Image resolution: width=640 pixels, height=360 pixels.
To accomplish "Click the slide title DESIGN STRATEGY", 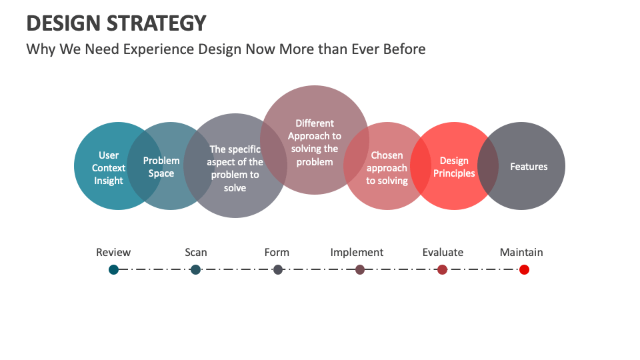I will (x=116, y=23).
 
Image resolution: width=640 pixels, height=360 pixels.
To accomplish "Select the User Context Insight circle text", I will (x=108, y=168).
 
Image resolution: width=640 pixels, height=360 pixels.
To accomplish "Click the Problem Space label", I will (x=161, y=167).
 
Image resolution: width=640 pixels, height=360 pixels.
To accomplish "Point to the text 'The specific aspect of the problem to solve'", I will (x=235, y=169).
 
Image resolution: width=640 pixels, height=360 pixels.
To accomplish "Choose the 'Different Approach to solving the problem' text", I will (x=315, y=142).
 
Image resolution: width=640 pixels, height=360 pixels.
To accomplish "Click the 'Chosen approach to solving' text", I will (x=387, y=168).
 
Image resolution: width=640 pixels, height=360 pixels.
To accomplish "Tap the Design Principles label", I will (x=454, y=167).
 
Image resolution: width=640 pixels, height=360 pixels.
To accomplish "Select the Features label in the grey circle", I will (x=529, y=167).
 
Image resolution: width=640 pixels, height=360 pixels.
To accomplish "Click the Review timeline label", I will (x=113, y=252).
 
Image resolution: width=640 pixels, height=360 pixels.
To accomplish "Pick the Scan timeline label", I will (x=196, y=252).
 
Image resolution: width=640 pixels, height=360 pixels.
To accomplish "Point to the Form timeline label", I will (x=277, y=252).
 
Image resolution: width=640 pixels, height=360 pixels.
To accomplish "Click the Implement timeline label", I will (x=357, y=252).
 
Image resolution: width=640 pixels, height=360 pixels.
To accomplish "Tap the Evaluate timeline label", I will (x=443, y=252).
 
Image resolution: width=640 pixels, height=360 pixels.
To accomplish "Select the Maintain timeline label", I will (x=521, y=252).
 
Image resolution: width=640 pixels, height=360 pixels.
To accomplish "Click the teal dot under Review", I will (x=114, y=269).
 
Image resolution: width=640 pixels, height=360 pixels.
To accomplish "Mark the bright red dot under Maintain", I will (x=524, y=269).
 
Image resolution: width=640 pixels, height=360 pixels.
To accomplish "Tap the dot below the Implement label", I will (x=360, y=269).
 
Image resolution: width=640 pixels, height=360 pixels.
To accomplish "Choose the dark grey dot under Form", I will (x=278, y=269).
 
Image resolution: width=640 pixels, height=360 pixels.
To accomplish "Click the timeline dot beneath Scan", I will (x=195, y=269).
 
